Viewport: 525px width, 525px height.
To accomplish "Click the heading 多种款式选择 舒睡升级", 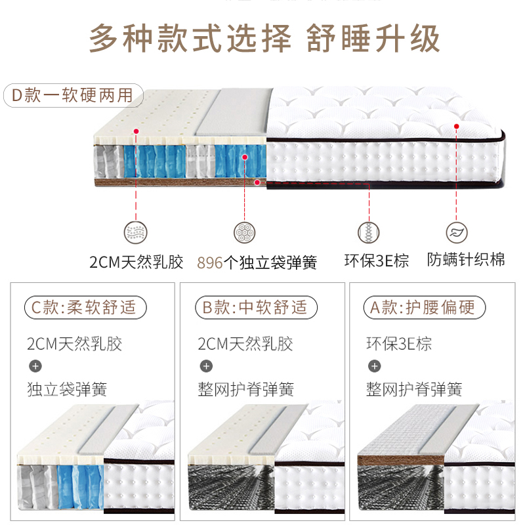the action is point(264,38).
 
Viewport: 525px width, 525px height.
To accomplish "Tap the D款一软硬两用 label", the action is point(72,96).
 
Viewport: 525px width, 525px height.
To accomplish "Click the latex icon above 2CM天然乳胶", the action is point(136,232).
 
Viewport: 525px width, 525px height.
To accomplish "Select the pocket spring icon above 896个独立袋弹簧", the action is point(245,232).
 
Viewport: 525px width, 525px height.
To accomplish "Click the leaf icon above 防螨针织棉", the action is point(456,232).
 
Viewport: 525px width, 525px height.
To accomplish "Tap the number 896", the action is point(210,263).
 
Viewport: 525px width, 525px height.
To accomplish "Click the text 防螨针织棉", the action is point(465,259).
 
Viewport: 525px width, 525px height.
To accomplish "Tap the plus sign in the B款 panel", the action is point(206,366).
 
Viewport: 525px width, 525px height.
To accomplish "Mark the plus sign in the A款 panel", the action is point(374,366).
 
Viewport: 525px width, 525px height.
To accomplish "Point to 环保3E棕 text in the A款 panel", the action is point(399,344).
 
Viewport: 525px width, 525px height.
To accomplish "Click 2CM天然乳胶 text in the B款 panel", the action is point(245,344).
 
